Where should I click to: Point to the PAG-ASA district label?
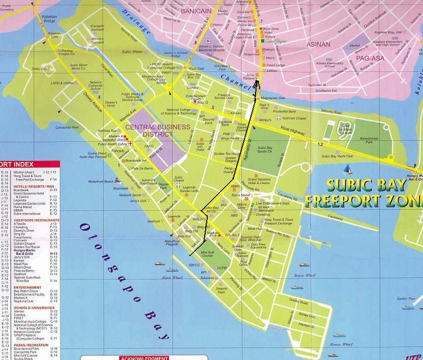pos(371,58)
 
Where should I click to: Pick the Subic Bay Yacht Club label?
pos(337,156)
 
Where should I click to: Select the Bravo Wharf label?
pos(304,276)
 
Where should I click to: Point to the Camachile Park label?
pos(67,128)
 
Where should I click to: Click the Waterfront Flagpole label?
pos(172,243)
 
